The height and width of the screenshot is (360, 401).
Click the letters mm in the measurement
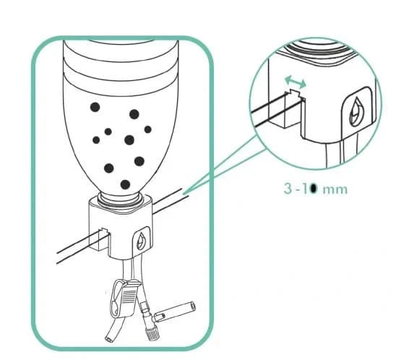(x=335, y=189)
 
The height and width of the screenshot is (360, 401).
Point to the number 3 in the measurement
(x=288, y=189)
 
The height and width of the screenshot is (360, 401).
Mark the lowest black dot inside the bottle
(x=125, y=184)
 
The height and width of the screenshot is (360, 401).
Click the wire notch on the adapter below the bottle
(x=98, y=234)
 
